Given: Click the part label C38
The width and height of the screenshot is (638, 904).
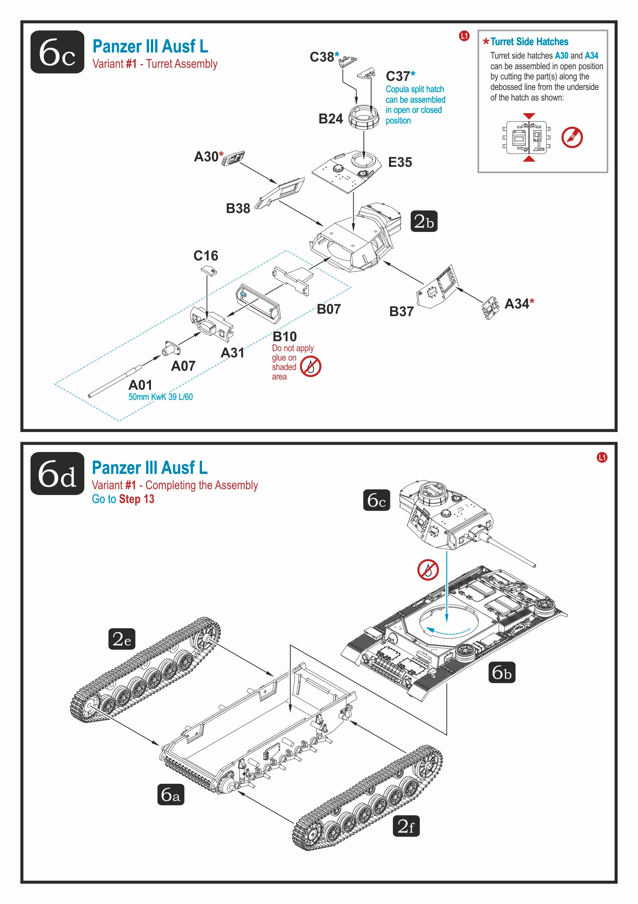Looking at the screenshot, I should click(x=322, y=57).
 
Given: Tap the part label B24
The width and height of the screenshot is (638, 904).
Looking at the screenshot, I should click(x=330, y=119).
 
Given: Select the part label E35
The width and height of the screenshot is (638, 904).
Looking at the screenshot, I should click(x=400, y=162).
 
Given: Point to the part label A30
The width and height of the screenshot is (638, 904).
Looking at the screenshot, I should click(x=206, y=157).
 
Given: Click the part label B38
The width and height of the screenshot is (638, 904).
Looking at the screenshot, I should click(x=238, y=208).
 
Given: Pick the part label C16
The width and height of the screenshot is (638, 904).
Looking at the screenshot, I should click(x=205, y=256).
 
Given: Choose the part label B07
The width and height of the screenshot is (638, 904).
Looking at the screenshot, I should click(x=328, y=309).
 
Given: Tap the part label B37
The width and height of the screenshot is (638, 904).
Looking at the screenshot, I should click(x=401, y=311).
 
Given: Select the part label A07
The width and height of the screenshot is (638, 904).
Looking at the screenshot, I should click(x=183, y=366).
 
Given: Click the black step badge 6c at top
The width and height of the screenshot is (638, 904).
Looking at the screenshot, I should click(x=57, y=52).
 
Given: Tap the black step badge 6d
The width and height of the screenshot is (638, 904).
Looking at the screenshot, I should click(x=57, y=473).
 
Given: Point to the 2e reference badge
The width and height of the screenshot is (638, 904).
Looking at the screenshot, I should click(x=121, y=639).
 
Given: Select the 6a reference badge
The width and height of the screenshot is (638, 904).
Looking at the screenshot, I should click(x=170, y=794).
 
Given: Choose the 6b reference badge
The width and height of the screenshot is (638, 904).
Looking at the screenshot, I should click(x=501, y=672).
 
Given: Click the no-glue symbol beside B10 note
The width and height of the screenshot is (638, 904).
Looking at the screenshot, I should click(x=310, y=366).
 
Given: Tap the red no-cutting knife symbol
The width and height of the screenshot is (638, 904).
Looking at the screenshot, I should click(x=571, y=137).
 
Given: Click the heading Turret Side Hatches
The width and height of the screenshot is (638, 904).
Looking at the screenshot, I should click(x=529, y=42).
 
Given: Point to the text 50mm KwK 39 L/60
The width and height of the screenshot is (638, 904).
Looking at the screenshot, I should click(x=160, y=397).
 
